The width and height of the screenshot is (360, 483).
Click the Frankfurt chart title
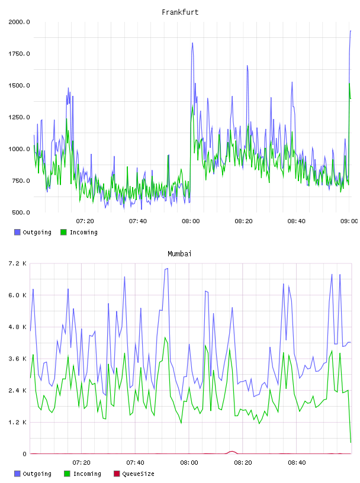pyautogui.click(x=180, y=12)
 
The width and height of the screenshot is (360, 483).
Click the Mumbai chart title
pyautogui.click(x=179, y=254)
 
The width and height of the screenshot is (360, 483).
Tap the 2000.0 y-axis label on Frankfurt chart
pyautogui.click(x=19, y=22)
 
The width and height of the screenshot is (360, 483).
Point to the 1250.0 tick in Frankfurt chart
pyautogui.click(x=19, y=117)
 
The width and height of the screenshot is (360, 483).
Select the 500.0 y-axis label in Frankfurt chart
pyautogui.click(x=21, y=212)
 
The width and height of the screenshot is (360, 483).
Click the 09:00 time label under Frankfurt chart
pyautogui.click(x=349, y=221)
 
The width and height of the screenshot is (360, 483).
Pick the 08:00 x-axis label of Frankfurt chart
pyautogui.click(x=191, y=221)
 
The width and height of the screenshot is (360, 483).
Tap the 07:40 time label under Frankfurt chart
pyautogui.click(x=138, y=221)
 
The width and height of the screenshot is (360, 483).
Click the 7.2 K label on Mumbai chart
pyautogui.click(x=17, y=263)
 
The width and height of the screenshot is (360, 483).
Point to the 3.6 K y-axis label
pyautogui.click(x=17, y=359)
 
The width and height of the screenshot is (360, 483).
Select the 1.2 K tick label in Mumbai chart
pyautogui.click(x=17, y=422)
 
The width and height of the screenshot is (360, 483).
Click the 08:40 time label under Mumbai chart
pyautogui.click(x=297, y=463)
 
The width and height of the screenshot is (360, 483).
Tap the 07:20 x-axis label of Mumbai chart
pyautogui.click(x=81, y=463)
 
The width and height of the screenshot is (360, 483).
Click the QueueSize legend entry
pyautogui.click(x=134, y=474)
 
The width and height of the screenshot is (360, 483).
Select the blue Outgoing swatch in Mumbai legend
pyautogui.click(x=17, y=474)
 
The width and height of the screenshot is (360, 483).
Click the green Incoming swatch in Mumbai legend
pyautogui.click(x=67, y=474)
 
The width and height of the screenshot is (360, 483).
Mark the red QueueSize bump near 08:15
pyautogui.click(x=232, y=452)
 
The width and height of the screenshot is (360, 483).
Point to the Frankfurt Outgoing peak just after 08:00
pyautogui.click(x=192, y=43)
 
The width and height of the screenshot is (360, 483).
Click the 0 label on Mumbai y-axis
pyautogui.click(x=24, y=454)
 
